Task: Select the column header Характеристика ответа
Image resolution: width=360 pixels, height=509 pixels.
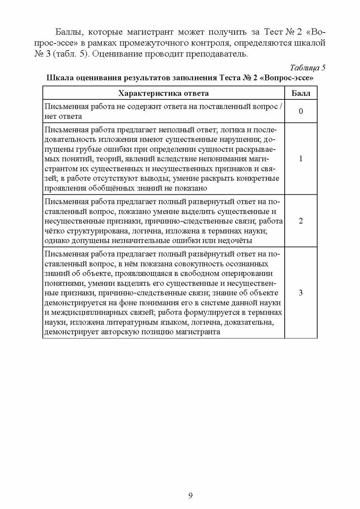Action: (x=164, y=93)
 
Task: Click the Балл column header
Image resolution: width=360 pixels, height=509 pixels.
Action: (x=301, y=93)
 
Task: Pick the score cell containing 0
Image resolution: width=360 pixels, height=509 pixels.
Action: (x=301, y=111)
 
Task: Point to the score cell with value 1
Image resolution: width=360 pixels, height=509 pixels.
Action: (x=301, y=158)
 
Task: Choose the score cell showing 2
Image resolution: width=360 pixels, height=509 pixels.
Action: (x=301, y=221)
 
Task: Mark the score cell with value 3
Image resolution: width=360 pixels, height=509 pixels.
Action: (x=301, y=293)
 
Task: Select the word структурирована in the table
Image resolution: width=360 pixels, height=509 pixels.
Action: (x=94, y=231)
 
